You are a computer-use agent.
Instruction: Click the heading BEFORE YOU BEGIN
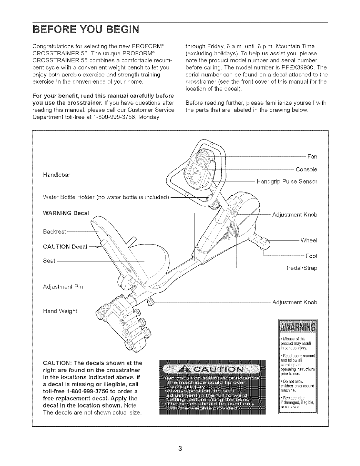pos(86,30)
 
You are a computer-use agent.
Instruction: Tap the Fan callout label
pos(312,156)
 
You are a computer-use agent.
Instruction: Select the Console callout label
pos(306,170)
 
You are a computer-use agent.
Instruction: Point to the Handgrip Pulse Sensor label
pos(287,181)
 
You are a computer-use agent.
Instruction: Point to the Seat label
pos(49,261)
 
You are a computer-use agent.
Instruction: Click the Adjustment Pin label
pos(63,286)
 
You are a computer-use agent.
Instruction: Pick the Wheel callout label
pos(309,240)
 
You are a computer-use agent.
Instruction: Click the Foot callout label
pos(311,256)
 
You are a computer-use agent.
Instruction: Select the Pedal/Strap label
pos(302,268)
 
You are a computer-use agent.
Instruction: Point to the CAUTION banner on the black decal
pos(212,370)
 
